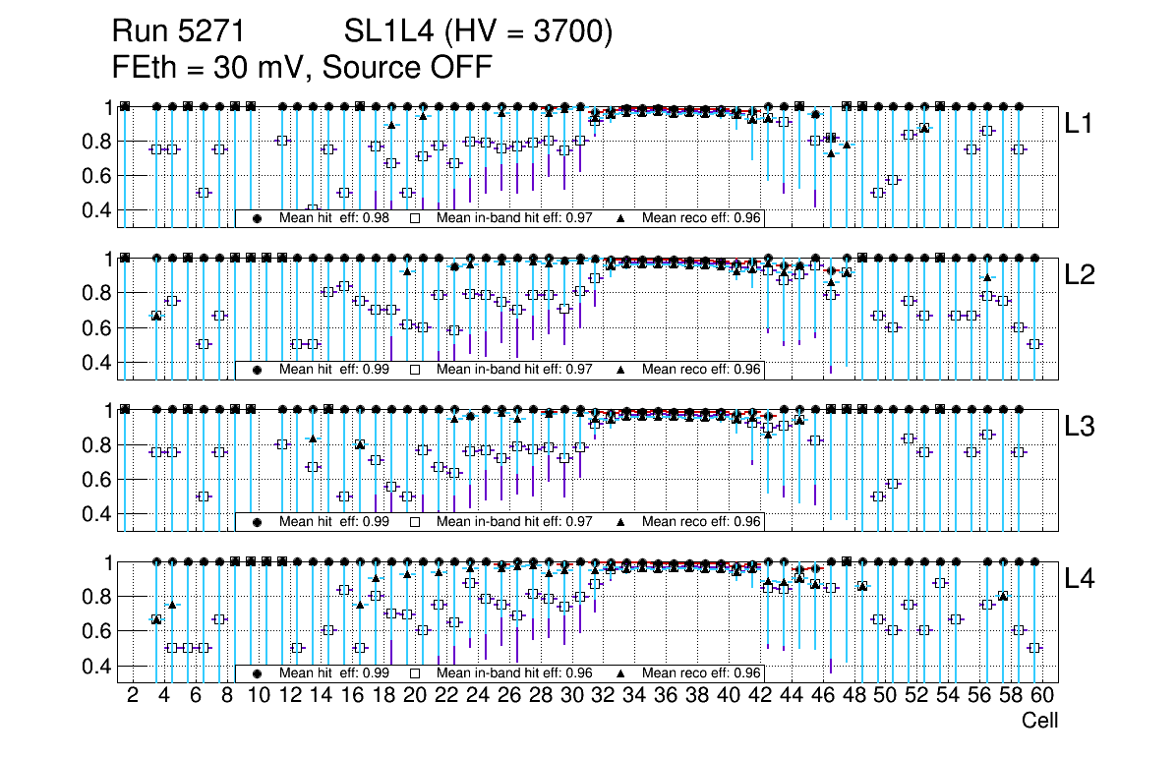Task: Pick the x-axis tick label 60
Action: [x=1042, y=695]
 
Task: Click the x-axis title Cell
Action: [x=1039, y=721]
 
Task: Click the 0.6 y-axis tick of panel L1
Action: [x=94, y=175]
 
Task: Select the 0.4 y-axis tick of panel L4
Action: [x=94, y=666]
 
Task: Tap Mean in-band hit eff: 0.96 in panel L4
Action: [x=514, y=673]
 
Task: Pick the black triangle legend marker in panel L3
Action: [x=620, y=522]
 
